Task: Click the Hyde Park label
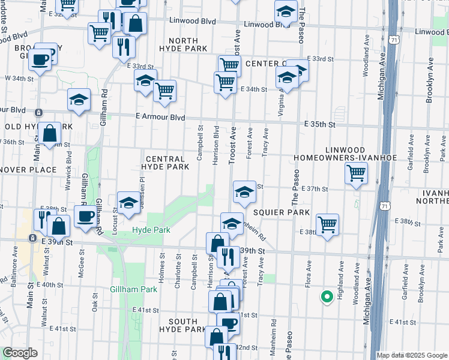[x=151, y=230]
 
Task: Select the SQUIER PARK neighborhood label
[x=281, y=212]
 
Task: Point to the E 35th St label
[x=318, y=124]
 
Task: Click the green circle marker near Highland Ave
[x=327, y=296]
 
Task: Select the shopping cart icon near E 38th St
[x=327, y=226]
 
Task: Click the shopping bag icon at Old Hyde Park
[x=50, y=134]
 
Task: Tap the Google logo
[x=20, y=353]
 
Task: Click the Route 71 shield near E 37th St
[x=385, y=205]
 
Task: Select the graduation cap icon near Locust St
[x=128, y=203]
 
